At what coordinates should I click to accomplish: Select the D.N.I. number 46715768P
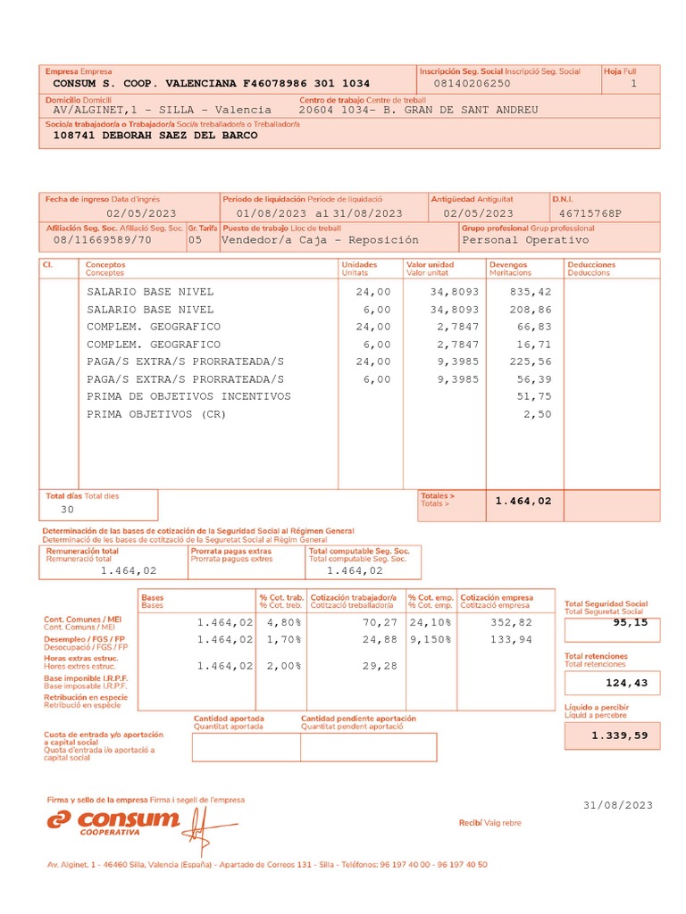pyautogui.click(x=590, y=213)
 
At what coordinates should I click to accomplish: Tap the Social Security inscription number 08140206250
pyautogui.click(x=472, y=83)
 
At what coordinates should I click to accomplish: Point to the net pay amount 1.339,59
pyautogui.click(x=619, y=735)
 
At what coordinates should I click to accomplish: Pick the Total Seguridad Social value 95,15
pyautogui.click(x=629, y=622)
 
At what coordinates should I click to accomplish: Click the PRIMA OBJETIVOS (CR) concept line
pyautogui.click(x=156, y=414)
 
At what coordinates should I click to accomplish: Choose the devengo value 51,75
pyautogui.click(x=534, y=396)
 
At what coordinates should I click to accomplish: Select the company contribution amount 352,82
pyautogui.click(x=512, y=621)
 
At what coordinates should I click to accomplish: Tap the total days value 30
pyautogui.click(x=67, y=509)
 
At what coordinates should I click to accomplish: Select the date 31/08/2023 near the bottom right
pyautogui.click(x=618, y=805)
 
